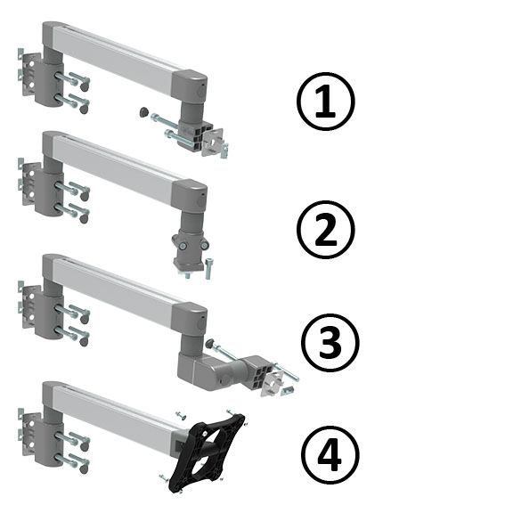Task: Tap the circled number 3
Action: (330, 343)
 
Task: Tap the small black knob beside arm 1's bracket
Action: (143, 112)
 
